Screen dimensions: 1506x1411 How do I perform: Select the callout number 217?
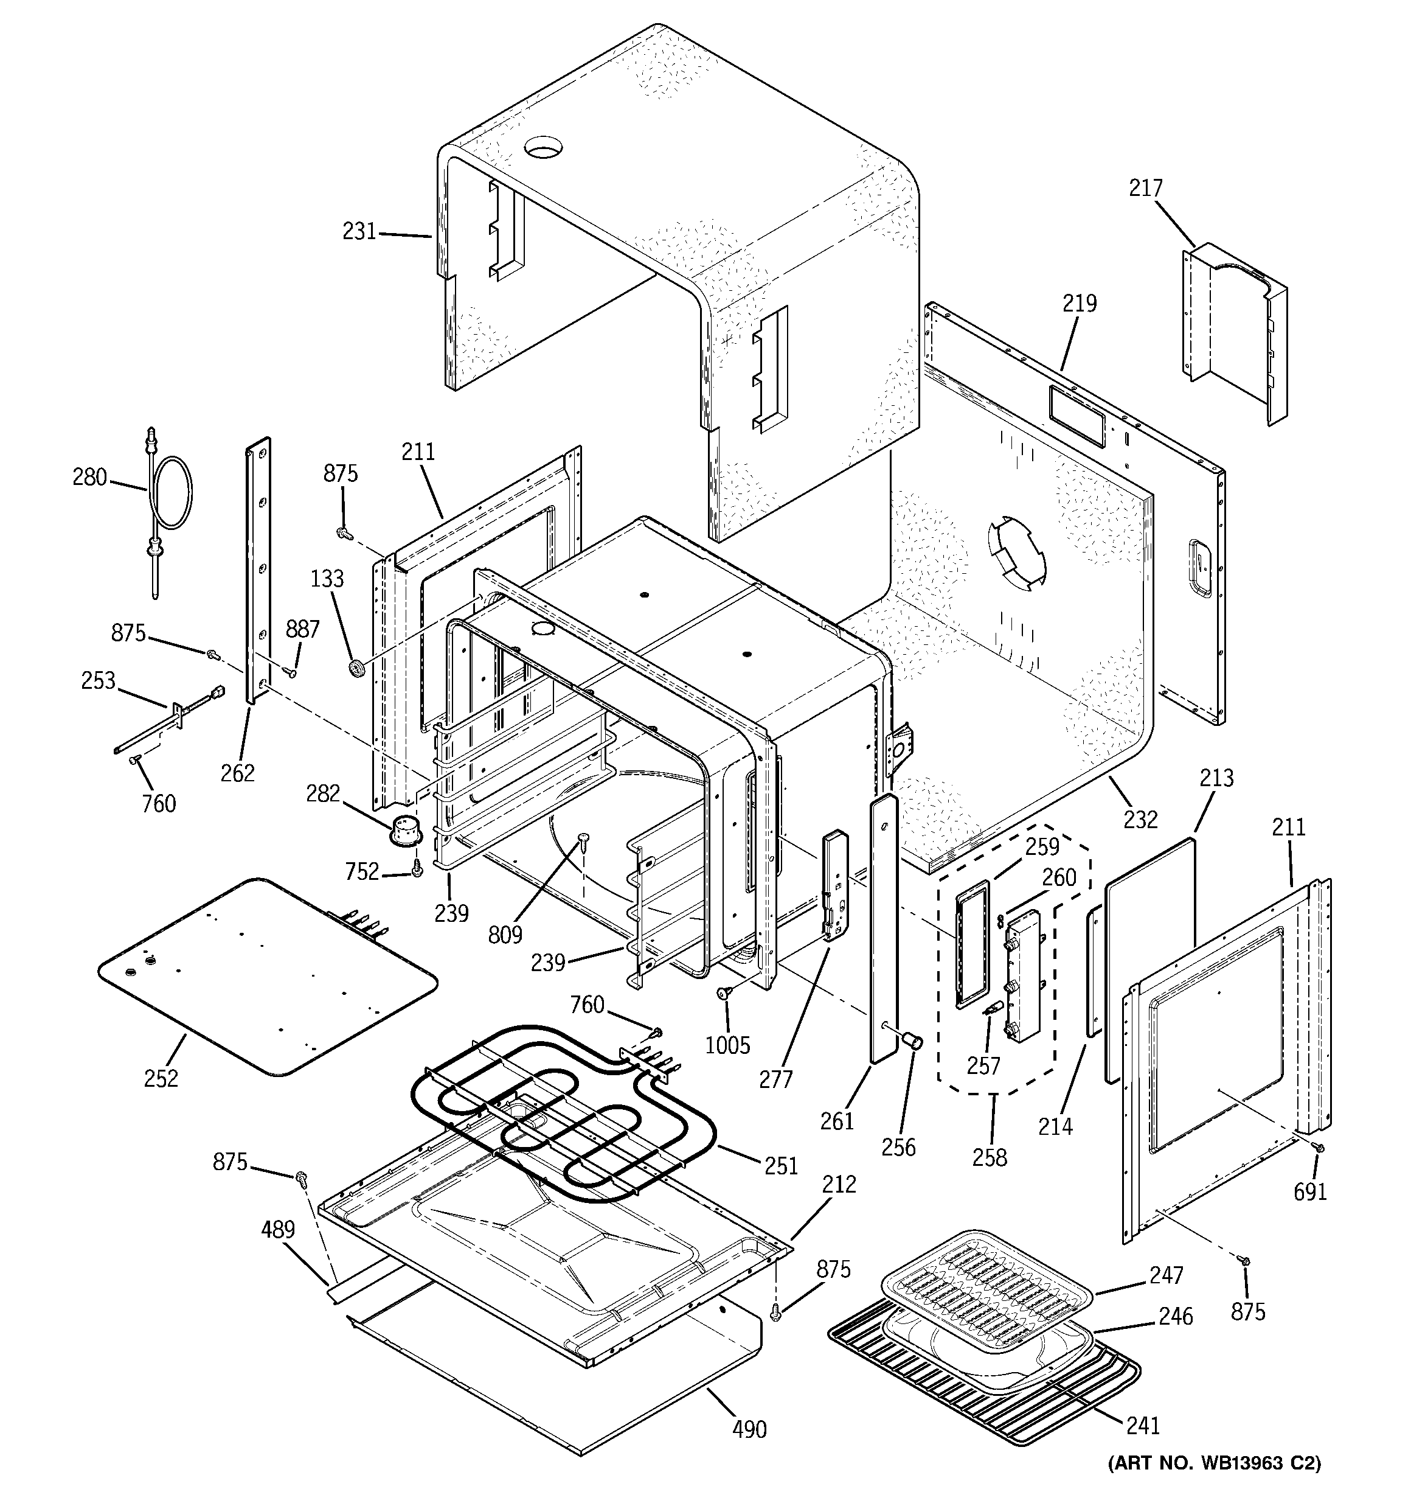point(1145,188)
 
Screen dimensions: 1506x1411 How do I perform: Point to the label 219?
point(1080,303)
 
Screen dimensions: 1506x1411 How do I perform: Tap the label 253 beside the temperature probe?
point(99,680)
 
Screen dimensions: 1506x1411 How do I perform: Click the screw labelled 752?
point(416,872)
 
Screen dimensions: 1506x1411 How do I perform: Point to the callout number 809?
point(505,935)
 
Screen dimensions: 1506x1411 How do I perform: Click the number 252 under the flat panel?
point(161,1078)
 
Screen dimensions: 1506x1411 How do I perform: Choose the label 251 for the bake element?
point(782,1165)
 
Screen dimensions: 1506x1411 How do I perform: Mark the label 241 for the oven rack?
point(1143,1426)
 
